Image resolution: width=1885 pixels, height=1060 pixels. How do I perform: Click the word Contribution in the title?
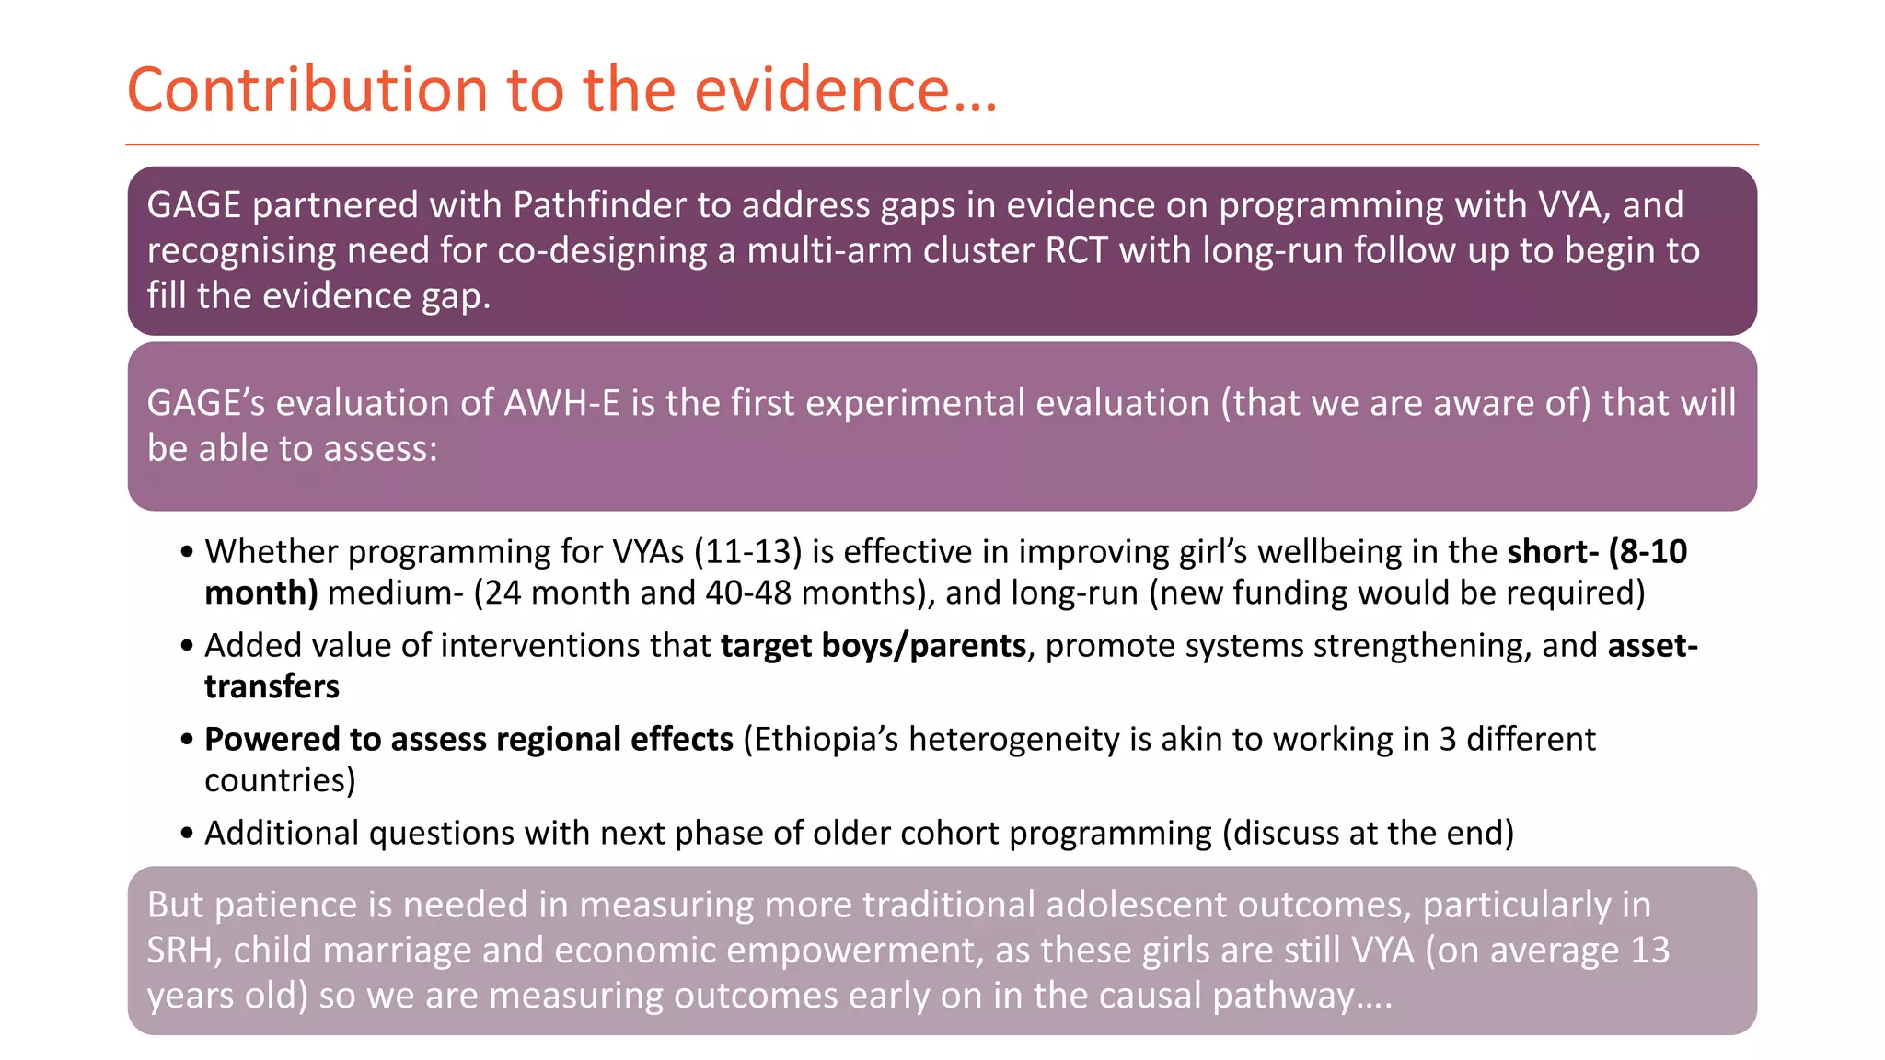tap(306, 90)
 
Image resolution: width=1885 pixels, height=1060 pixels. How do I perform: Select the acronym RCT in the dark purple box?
tap(1076, 250)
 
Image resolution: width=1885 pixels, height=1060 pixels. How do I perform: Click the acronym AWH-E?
tap(561, 403)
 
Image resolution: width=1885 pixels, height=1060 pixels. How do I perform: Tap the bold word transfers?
tap(272, 686)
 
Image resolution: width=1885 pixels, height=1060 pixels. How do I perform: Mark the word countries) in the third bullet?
tap(280, 780)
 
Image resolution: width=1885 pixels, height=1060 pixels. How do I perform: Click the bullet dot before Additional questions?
tap(187, 834)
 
